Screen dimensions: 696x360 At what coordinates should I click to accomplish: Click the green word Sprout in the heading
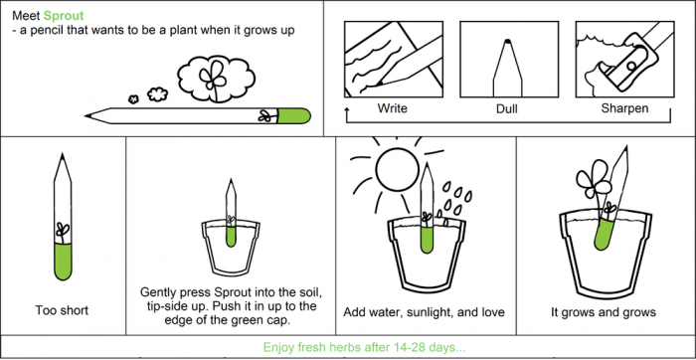click(x=64, y=17)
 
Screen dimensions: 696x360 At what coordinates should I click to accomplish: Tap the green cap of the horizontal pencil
click(x=294, y=116)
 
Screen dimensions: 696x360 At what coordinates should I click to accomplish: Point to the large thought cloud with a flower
click(x=216, y=79)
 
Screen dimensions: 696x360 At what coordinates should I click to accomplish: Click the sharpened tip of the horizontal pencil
click(x=87, y=116)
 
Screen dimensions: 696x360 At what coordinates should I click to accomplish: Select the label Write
click(x=392, y=107)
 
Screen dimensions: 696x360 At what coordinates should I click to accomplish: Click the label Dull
click(x=506, y=108)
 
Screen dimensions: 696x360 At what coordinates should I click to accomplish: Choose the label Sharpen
click(x=624, y=107)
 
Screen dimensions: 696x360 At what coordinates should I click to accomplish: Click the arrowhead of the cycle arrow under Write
click(x=346, y=108)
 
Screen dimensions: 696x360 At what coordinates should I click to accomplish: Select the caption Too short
click(x=62, y=310)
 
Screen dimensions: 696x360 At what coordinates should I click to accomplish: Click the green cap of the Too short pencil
click(x=63, y=262)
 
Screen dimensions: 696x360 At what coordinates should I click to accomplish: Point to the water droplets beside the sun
click(x=455, y=200)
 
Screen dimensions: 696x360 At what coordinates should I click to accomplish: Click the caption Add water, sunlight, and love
click(x=424, y=312)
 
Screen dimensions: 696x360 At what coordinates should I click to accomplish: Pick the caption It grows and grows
click(x=604, y=312)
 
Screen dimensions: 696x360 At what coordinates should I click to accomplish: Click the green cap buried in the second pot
click(x=231, y=236)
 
